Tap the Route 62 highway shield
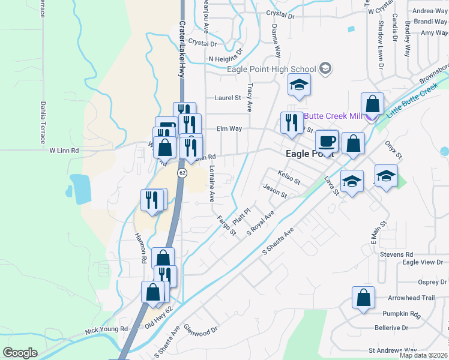click(181, 173)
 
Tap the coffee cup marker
click(327, 141)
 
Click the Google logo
click(20, 353)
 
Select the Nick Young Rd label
click(107, 329)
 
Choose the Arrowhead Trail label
click(411, 298)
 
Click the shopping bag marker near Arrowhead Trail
click(363, 298)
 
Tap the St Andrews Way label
click(393, 350)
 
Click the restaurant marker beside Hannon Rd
click(152, 200)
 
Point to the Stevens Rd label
click(396, 254)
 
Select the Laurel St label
click(228, 98)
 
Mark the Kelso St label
click(289, 177)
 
